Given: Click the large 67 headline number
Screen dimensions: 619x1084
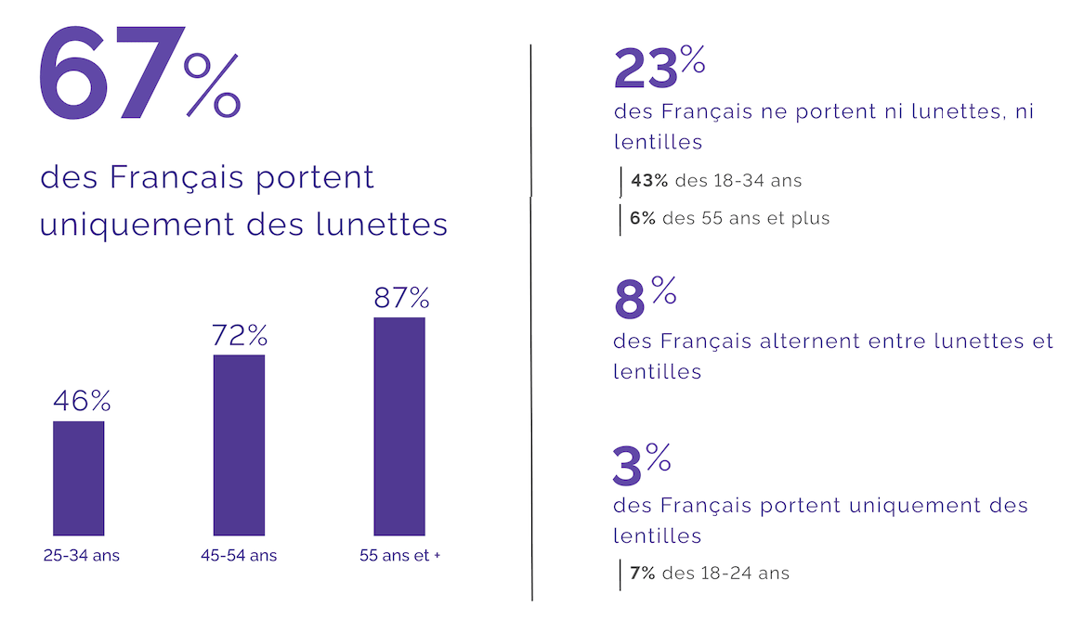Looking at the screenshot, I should [107, 76].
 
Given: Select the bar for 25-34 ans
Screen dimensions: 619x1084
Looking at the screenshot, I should [79, 478].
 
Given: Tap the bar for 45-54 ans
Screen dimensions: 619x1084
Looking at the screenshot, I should [239, 445].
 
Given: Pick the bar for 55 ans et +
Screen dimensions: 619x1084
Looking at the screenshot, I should [399, 426].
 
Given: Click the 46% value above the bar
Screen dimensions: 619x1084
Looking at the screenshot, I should [82, 401].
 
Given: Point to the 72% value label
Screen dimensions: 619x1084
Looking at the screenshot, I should [240, 335].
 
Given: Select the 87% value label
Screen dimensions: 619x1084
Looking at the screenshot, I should [401, 298].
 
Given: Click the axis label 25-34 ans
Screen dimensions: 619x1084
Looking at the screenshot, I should [82, 556].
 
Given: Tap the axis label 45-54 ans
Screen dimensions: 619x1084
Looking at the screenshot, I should [239, 556].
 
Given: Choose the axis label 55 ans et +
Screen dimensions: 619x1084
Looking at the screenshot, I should [400, 556].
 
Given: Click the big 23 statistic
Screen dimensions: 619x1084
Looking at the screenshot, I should [645, 71].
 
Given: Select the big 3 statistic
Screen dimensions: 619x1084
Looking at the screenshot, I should [628, 466].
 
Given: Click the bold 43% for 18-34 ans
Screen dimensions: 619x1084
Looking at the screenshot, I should [649, 180].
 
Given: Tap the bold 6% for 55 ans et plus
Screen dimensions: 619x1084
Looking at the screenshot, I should [643, 218].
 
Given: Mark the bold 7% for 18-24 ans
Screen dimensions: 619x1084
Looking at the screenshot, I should [643, 573].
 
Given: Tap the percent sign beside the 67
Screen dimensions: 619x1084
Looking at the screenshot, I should [213, 85].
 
